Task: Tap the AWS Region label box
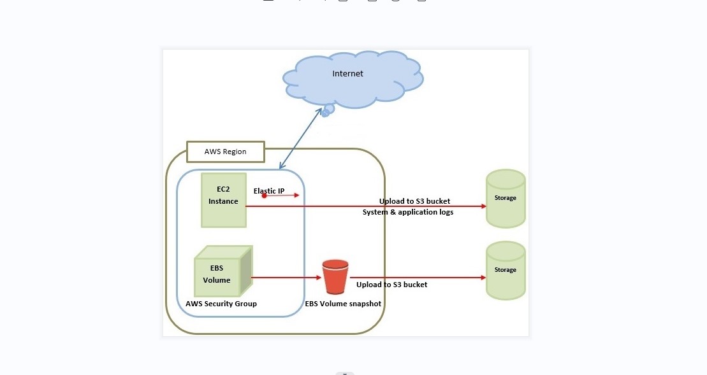click(225, 152)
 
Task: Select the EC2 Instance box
click(223, 200)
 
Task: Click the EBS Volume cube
click(221, 272)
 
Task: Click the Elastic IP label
click(269, 190)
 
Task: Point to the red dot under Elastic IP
click(264, 196)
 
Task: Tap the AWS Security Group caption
click(221, 304)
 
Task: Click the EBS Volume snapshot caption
click(343, 304)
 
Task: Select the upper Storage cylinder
click(506, 199)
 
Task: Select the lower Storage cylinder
click(506, 271)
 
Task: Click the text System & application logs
click(408, 212)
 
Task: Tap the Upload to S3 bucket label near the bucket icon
click(392, 285)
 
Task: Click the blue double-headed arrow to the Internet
click(300, 139)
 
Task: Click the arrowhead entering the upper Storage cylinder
click(483, 206)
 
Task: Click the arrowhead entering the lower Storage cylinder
click(483, 278)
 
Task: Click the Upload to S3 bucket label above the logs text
click(415, 201)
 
